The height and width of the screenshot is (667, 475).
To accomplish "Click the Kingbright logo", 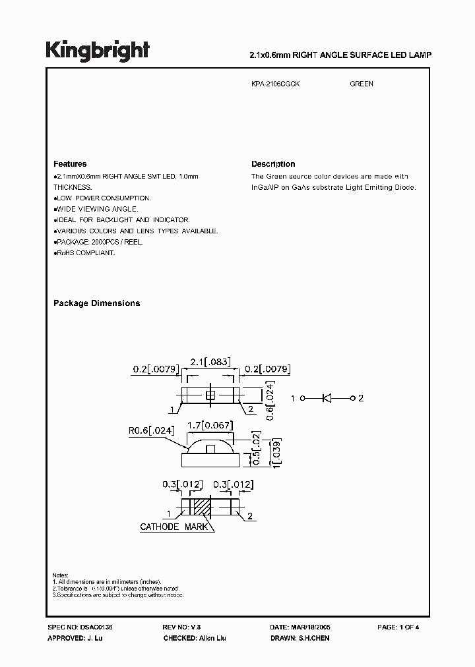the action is point(97,50).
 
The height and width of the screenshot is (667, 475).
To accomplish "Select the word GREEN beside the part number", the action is point(361,84).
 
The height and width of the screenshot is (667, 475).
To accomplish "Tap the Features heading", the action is point(69,164).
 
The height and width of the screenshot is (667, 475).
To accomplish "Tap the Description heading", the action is point(273,164).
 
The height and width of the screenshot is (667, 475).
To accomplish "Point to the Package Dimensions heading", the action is point(96,303).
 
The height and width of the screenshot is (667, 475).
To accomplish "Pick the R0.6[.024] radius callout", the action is point(151,431).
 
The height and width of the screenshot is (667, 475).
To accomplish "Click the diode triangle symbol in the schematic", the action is point(326,398).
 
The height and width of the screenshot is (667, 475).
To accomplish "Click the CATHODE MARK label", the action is point(174,527).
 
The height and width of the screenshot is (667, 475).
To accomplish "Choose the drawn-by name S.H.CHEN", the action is point(313,639).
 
